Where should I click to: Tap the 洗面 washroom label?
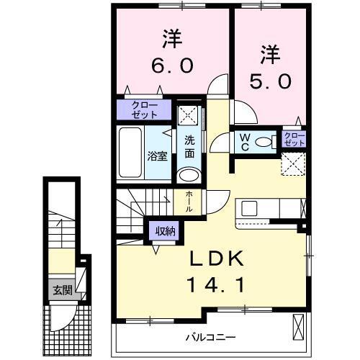point(189,146)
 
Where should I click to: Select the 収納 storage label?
point(163,231)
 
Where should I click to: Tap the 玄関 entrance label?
point(61,291)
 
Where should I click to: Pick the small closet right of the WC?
point(294,139)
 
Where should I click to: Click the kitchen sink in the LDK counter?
point(250,209)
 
